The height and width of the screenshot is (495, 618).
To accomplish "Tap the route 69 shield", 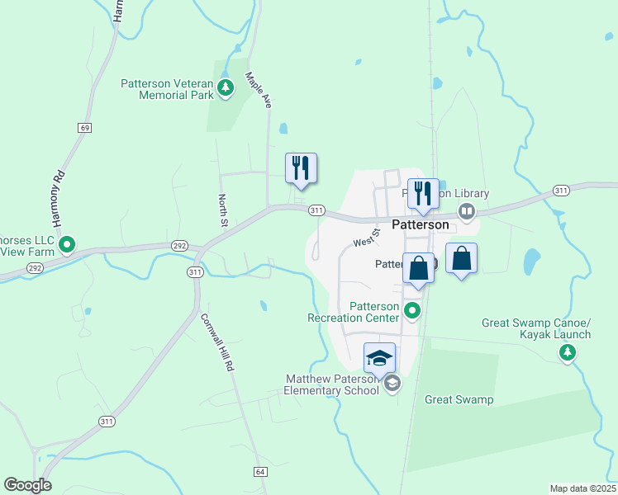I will click(85, 128).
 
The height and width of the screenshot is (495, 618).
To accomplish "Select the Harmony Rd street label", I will click(58, 199).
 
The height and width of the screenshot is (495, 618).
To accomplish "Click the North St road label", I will click(222, 210).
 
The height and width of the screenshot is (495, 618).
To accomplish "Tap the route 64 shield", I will click(259, 471).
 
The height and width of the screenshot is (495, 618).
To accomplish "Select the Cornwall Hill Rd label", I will click(214, 342).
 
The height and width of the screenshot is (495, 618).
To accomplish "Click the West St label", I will click(364, 239).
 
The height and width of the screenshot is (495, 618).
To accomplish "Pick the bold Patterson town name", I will click(420, 224).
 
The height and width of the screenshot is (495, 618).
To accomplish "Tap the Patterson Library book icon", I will click(467, 212).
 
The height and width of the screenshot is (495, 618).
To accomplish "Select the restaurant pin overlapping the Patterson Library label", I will click(423, 193).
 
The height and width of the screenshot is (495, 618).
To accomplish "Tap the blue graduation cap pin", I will click(379, 358).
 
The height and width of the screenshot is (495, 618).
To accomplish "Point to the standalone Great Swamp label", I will click(459, 400).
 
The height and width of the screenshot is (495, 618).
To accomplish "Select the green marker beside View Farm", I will click(68, 245).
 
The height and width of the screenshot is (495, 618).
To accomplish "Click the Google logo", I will click(27, 485).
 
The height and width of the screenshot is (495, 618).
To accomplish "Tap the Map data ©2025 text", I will click(583, 488).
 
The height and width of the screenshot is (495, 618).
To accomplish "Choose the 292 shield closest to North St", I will click(180, 246).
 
